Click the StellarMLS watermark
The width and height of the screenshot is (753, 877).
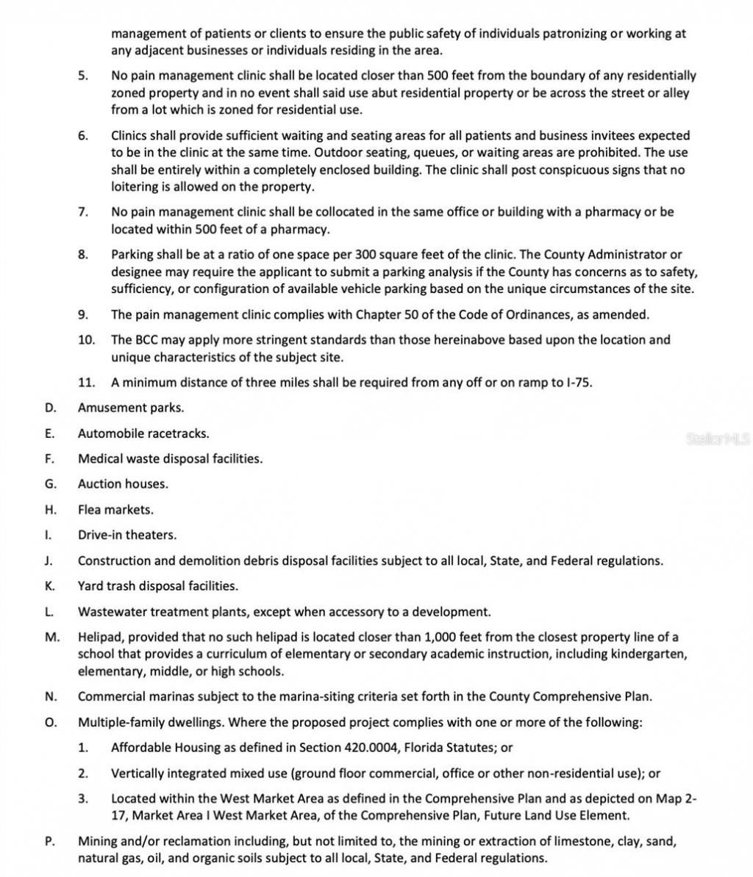coord(717,439)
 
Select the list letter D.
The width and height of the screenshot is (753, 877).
coord(49,408)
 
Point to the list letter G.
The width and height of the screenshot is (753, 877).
coord(49,484)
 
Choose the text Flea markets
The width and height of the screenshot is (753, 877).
coord(115,510)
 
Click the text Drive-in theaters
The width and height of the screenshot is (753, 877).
coord(127,535)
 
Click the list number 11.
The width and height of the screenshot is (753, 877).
coord(87,383)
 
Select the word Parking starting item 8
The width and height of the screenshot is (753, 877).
coord(132,255)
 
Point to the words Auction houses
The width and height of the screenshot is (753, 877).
coord(123,484)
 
